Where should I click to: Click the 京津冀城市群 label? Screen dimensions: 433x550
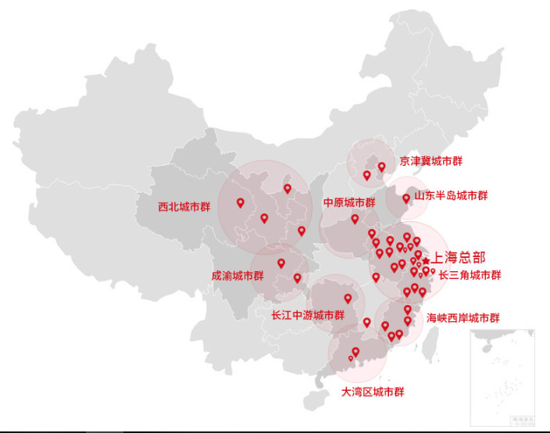coord(430,161)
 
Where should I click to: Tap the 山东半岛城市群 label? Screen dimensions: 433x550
coord(451,195)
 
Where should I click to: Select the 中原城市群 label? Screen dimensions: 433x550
coord(349,202)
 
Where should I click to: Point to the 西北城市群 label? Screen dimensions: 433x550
coord(184,207)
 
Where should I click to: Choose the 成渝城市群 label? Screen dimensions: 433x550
coord(237,276)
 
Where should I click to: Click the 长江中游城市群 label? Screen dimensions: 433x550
coord(307,316)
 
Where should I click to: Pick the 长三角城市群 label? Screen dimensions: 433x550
coord(470,275)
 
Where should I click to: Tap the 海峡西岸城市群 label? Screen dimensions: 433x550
coord(462,318)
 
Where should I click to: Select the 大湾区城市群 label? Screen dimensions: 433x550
coord(373,392)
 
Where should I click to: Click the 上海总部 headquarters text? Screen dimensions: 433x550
coord(459,257)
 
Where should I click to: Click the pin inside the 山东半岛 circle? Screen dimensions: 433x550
coord(405,199)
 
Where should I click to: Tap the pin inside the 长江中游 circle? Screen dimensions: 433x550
coord(348,298)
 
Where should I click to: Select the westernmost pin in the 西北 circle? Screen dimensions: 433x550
coord(241,202)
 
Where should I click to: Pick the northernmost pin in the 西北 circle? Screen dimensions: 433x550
coord(287,188)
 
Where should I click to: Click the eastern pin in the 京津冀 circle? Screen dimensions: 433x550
coord(381,166)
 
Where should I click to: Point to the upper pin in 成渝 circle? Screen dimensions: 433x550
coord(280,263)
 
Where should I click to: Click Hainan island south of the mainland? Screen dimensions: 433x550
coord(314,400)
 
